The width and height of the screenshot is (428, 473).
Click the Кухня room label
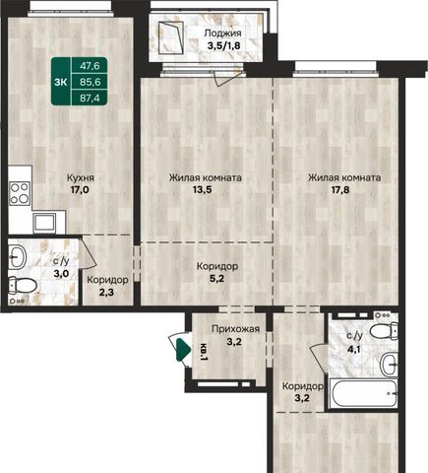coord(81,178)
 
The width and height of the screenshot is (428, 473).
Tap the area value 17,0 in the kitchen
coord(80,190)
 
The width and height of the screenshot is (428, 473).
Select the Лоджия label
coord(223,34)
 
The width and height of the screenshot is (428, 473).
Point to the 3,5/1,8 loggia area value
coord(224,45)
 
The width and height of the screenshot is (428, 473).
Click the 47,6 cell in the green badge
coord(90,66)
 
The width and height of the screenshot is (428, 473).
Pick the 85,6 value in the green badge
coord(90,82)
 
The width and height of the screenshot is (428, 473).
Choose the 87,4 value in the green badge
coord(90,98)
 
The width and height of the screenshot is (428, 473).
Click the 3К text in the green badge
coord(61,82)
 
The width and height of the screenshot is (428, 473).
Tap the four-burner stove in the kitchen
coord(20,193)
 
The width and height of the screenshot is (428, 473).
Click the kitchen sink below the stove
coord(44,223)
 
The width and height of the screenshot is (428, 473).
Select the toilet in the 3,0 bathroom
coord(22,286)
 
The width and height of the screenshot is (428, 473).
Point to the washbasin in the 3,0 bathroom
coord(18,257)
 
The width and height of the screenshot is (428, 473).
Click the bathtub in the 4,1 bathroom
coord(363,393)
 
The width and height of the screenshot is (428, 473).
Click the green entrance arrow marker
coord(183,350)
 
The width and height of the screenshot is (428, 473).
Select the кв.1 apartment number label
coord(204,352)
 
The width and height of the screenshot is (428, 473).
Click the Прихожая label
coord(235,329)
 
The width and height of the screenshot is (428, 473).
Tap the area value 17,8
coord(339,190)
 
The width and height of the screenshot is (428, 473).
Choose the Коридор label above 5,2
coord(217,266)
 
